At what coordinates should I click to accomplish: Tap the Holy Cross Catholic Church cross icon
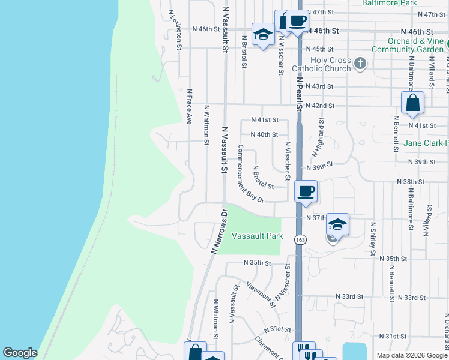point(360,64)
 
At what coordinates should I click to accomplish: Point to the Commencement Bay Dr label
point(251,173)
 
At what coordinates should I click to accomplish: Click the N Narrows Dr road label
point(218,232)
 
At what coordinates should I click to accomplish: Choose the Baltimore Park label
point(389,3)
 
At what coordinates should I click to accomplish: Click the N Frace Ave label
point(188,107)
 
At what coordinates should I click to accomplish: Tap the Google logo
point(20,353)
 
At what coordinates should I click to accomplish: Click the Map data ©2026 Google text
point(411,355)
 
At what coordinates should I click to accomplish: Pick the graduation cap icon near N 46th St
point(262,35)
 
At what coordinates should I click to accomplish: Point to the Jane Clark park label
point(426,143)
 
